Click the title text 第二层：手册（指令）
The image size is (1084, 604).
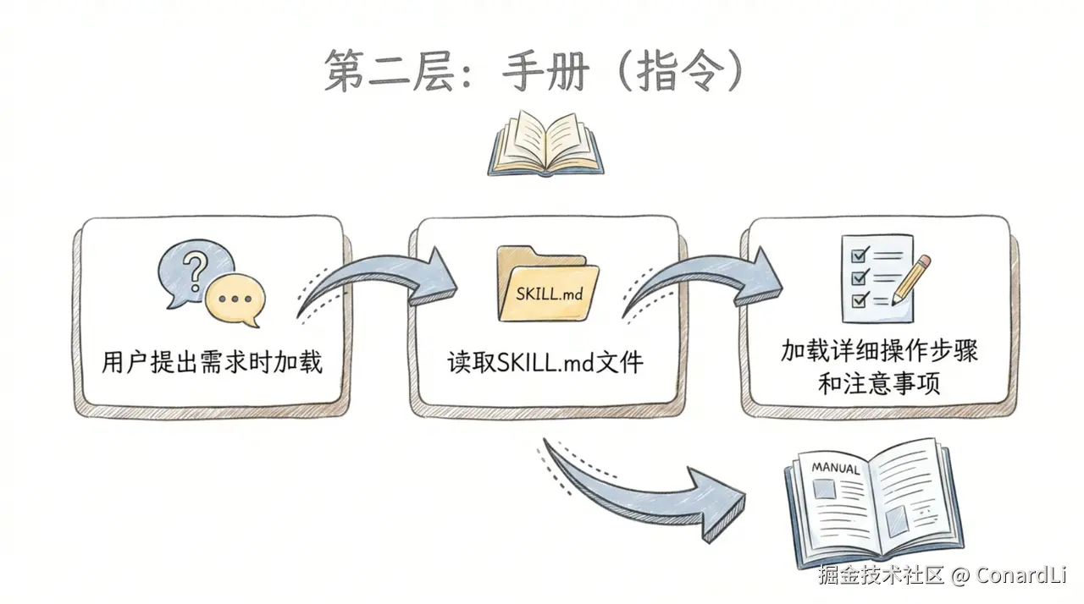534,71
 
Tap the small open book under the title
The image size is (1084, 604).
545,145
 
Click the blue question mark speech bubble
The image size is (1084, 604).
194,272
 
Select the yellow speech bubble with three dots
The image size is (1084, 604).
235,299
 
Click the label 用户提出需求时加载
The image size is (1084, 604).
212,363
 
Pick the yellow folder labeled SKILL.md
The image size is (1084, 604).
547,285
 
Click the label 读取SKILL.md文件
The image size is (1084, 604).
545,363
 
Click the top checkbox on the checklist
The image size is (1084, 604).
856,255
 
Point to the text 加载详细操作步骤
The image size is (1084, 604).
879,351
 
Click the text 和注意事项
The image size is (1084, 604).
879,384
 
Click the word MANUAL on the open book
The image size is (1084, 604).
835,467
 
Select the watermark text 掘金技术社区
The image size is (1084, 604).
880,576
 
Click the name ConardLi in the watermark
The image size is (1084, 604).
1020,576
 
